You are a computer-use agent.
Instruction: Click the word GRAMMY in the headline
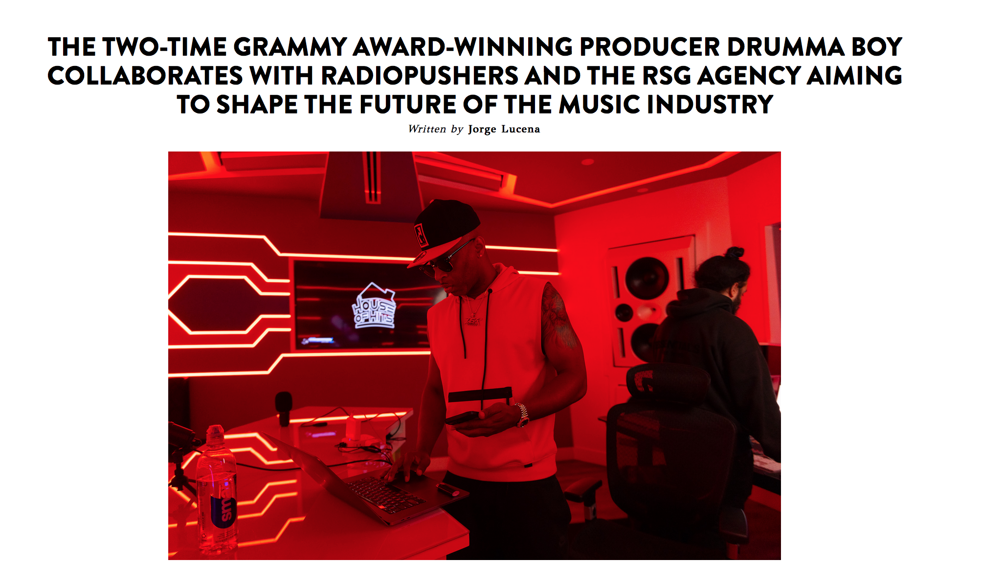point(290,47)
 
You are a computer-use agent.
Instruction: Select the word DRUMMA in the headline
point(785,47)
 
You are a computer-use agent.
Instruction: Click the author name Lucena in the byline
point(521,129)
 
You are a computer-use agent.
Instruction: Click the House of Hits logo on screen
point(374,306)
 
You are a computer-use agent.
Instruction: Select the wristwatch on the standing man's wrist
point(522,415)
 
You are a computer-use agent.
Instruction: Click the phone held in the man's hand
point(464,418)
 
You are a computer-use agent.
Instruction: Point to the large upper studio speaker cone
point(647,278)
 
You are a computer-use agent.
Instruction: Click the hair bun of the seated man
point(734,253)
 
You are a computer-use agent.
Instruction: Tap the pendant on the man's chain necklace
point(473,321)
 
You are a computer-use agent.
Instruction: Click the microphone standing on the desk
point(284,408)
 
